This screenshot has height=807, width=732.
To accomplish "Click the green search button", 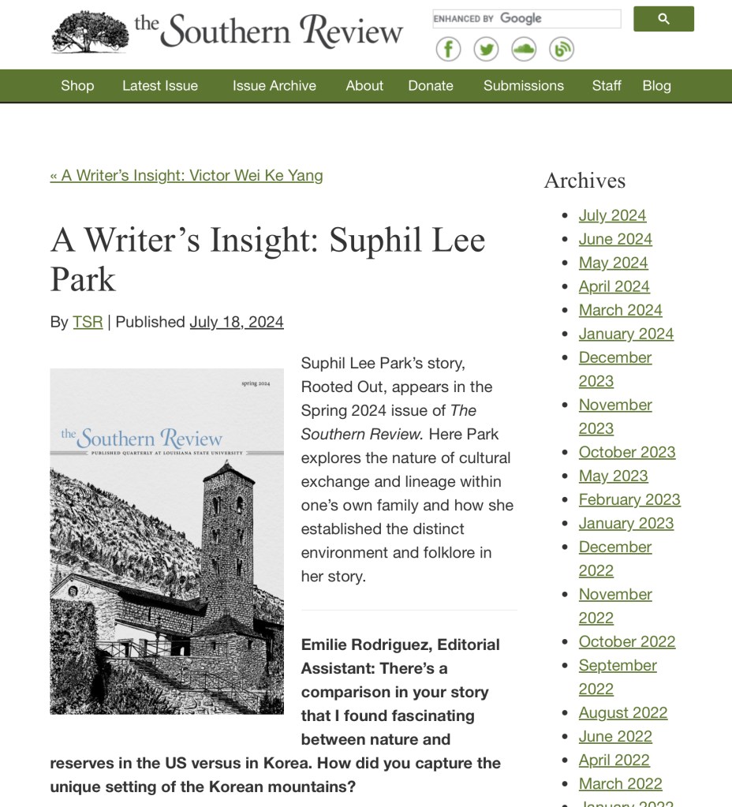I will click(663, 19).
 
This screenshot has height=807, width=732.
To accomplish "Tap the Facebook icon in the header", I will click(448, 49).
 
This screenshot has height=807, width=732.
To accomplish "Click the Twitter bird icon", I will click(486, 49).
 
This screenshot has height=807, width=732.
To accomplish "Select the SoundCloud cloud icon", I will click(524, 49).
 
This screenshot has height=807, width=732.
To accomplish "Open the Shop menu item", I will click(77, 86).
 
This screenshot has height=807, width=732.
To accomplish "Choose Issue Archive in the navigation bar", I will click(274, 86).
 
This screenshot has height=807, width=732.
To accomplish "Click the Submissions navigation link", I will click(523, 86).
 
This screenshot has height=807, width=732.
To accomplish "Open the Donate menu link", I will click(430, 86).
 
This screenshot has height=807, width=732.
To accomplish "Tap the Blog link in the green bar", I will click(656, 86).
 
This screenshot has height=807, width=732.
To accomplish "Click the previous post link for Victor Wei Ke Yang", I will click(186, 175).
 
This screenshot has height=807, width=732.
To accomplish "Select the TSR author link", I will click(88, 322).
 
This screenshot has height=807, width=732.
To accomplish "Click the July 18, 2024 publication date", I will click(236, 322).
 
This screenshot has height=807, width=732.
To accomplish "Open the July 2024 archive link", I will click(612, 215).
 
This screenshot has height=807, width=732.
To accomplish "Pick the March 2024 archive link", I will click(620, 310).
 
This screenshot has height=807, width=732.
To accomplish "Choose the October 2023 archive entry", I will click(626, 452).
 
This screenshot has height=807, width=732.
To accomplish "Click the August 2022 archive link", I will click(622, 712).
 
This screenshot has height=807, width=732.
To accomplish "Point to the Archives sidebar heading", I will click(584, 181).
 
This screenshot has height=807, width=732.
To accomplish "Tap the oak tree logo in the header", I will click(89, 32).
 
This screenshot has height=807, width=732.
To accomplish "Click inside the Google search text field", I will click(526, 19).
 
